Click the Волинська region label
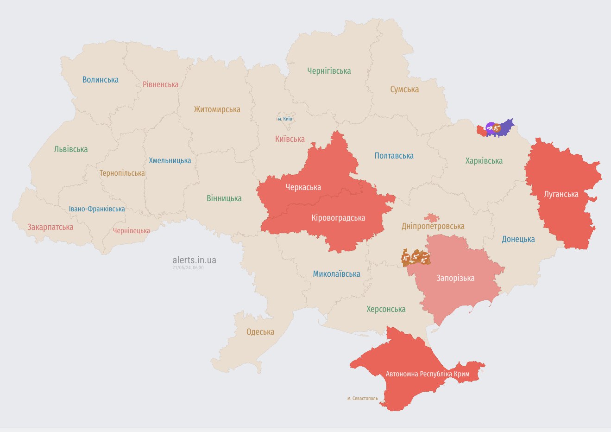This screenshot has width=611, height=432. pos(101,80)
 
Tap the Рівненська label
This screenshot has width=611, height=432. pos(160,84)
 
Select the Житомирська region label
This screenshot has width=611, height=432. pos(217,109)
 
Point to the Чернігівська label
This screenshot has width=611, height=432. pos(329,71)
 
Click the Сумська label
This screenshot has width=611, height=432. pos(404,89)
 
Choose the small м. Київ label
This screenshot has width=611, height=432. pos(285,119)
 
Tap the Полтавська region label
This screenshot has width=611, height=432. pos(394,156)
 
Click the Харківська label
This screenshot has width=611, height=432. pos(484,161)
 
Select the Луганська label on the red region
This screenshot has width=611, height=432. pos(561,194)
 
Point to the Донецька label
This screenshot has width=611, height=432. pos(518,239)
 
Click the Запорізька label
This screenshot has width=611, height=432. pos(455,278)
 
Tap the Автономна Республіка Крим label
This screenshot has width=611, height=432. pos(427,374)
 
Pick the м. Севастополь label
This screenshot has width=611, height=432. pos(362,398)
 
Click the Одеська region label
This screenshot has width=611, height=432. pos(260,332)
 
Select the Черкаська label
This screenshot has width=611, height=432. pos(303,187)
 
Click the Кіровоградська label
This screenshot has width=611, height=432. pos(338,218)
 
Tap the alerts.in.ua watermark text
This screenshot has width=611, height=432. pos(194,260)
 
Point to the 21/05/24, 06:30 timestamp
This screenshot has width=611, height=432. pos(188,268)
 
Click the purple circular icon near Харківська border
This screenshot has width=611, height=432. pos(490,127)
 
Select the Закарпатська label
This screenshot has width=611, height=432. pos(50,227)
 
